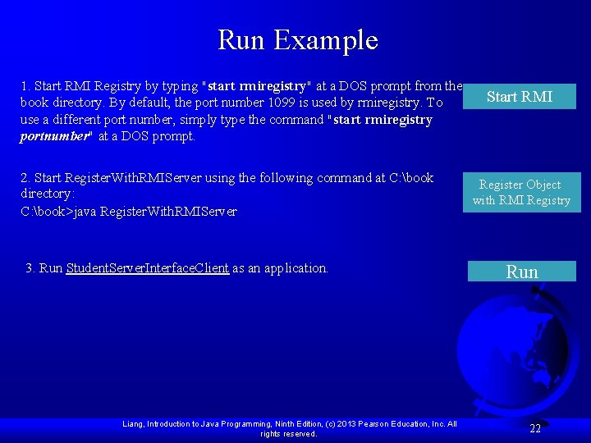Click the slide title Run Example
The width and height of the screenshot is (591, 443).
pyautogui.click(x=297, y=39)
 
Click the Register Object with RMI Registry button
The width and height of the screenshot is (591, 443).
pyautogui.click(x=520, y=192)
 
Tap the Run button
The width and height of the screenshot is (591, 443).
pyautogui.click(x=521, y=272)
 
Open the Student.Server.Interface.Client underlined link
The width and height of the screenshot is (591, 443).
pyautogui.click(x=147, y=268)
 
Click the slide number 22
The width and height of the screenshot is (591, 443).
pyautogui.click(x=535, y=428)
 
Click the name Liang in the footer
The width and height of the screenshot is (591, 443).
pyautogui.click(x=132, y=424)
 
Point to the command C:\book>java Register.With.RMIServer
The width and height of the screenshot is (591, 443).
pyautogui.click(x=129, y=212)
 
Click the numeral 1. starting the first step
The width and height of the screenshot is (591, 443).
pyautogui.click(x=25, y=86)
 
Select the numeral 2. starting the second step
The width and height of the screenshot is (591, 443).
pyautogui.click(x=25, y=178)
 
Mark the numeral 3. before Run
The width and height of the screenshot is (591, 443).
pyautogui.click(x=31, y=268)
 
